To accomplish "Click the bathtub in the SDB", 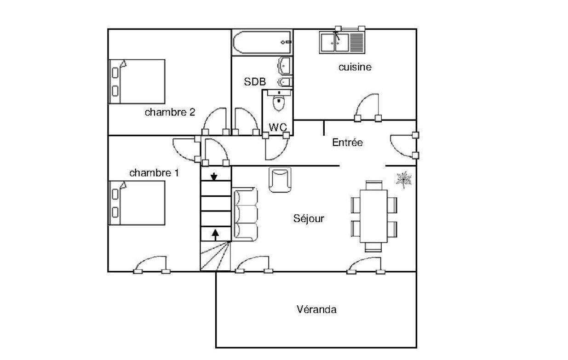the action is (x=263, y=42).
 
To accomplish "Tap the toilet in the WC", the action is (x=279, y=100).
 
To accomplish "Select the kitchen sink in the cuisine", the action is (x=342, y=42).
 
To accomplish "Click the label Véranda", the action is (x=317, y=309).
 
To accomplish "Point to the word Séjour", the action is (x=309, y=218).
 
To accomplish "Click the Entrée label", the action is (x=347, y=142).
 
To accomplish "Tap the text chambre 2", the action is (x=170, y=112).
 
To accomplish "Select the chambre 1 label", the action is (x=154, y=173).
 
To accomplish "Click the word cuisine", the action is (x=355, y=67).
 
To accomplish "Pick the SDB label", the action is (x=255, y=82).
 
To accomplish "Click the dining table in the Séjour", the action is (x=374, y=216).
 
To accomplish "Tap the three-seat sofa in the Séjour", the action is (x=246, y=214).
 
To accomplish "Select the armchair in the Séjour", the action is (x=280, y=180).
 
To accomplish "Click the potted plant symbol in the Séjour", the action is (x=404, y=179).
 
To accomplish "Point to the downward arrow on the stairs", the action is (x=214, y=177).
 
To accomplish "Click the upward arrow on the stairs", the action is (x=215, y=235).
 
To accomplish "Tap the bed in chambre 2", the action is (x=137, y=82).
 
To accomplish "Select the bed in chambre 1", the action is (x=137, y=203).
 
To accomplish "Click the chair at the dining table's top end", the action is (x=374, y=185).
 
